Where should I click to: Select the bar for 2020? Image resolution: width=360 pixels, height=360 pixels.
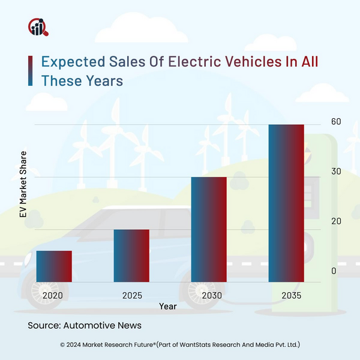[54, 266]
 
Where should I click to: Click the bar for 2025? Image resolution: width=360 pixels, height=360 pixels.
[131, 256]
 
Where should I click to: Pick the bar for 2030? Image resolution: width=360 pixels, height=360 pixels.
[209, 229]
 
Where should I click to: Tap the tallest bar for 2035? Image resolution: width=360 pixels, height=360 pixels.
[286, 203]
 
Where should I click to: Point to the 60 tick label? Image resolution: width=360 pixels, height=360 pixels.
[335, 122]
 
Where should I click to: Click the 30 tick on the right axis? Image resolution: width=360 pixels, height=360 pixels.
[335, 172]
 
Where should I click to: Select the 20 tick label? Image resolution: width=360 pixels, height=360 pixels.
[335, 221]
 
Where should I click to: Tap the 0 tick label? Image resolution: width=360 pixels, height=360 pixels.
[334, 272]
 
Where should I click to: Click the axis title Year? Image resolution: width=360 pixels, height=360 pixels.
[168, 307]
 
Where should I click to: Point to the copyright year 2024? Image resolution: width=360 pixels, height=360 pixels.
[79, 345]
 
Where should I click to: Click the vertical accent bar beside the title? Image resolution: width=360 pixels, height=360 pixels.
[31, 71]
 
